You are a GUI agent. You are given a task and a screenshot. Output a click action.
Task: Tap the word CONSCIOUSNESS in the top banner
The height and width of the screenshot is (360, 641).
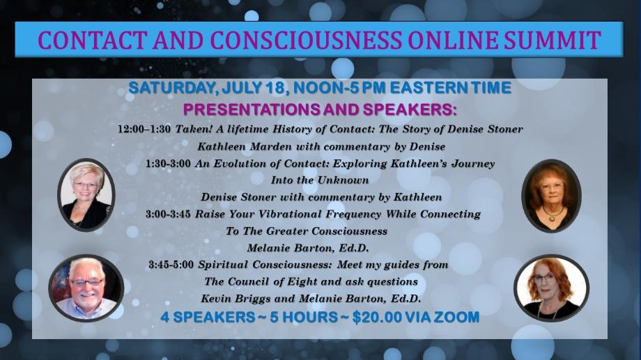[306, 40]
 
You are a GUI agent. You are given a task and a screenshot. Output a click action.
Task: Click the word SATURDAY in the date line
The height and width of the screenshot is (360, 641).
[172, 88]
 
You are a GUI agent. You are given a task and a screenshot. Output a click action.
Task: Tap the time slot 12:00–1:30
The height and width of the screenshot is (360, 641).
[144, 129]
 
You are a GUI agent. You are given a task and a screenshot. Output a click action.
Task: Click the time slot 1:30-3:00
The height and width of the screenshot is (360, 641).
[168, 164]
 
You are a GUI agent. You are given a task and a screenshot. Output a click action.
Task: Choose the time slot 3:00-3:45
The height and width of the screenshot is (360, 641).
[168, 214]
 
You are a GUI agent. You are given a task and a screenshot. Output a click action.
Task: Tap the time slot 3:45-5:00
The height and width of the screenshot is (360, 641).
[171, 265]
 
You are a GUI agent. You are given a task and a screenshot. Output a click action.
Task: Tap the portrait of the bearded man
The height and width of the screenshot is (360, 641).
[86, 288]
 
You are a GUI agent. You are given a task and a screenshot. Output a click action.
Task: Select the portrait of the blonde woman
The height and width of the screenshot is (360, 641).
[86, 195]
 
